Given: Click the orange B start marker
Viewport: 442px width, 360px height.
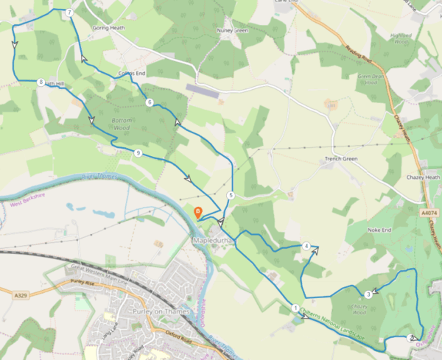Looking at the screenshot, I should (x=197, y=212).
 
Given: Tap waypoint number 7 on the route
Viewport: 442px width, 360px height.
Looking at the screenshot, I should (x=69, y=13).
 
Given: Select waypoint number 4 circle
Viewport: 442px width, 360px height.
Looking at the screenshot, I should (x=306, y=246).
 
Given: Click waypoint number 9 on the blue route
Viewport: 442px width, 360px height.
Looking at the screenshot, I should (x=138, y=152).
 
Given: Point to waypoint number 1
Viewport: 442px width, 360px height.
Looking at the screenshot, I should (x=295, y=308).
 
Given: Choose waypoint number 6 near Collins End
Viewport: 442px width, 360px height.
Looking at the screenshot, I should (x=150, y=102).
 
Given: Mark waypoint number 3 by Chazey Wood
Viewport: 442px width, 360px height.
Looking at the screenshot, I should (x=368, y=295).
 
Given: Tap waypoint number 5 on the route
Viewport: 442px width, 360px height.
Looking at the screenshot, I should (x=231, y=195).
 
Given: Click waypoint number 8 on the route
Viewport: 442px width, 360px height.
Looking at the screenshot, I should (x=41, y=82).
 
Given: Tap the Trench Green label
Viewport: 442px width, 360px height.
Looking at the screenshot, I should (x=340, y=159).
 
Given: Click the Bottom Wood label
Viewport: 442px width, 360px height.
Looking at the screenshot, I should (x=122, y=123).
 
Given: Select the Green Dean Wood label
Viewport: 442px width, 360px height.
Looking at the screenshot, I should (x=373, y=79).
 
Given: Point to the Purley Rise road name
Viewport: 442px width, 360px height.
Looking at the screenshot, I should (x=84, y=282).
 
